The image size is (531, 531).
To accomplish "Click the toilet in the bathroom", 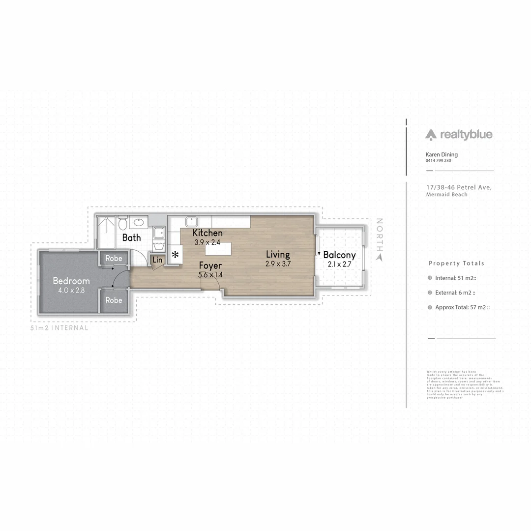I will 123,224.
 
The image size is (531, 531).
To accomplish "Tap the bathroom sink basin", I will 138,222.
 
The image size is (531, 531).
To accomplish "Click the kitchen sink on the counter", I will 191,222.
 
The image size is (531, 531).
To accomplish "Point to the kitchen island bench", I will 218,249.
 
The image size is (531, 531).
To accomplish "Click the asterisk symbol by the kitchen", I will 175,255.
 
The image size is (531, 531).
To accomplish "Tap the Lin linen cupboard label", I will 157,260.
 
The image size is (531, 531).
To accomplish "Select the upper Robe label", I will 114,258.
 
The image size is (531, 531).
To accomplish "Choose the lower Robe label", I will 114,300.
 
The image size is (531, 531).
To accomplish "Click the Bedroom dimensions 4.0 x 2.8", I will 72,290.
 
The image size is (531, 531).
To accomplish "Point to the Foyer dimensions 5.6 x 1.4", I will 210,275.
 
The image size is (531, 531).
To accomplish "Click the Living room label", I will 278,254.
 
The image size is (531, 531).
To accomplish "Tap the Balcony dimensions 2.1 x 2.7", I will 339,264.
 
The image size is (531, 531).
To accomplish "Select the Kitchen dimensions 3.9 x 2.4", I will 207,242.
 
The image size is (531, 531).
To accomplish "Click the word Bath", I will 131,237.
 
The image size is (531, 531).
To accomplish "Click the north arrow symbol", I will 379,256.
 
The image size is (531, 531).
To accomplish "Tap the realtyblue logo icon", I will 431,134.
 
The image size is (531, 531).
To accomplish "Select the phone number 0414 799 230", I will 438,161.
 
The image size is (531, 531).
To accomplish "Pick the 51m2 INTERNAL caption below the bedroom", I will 59,328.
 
